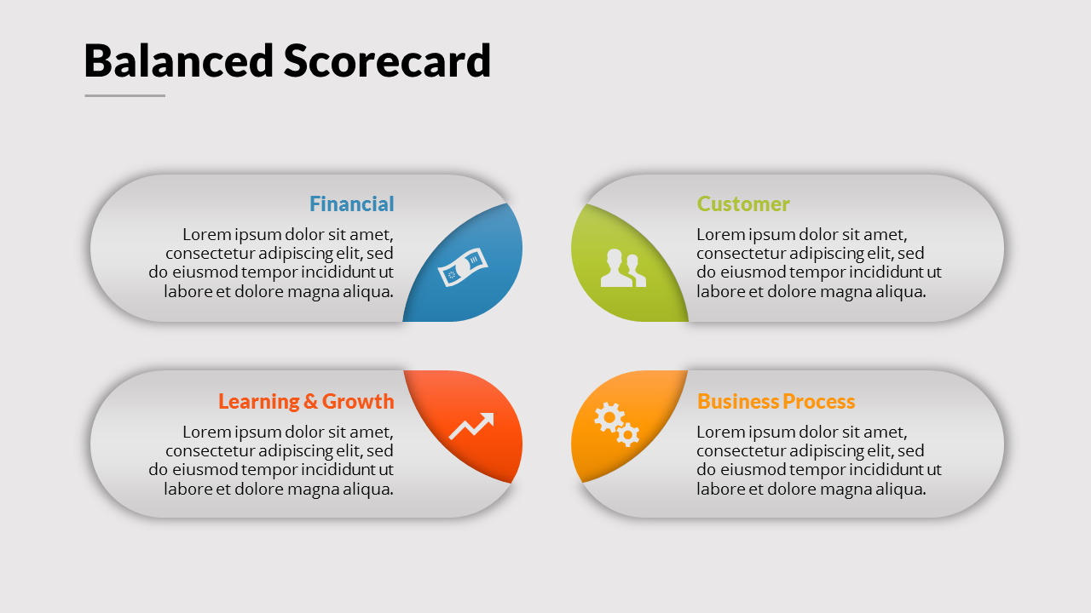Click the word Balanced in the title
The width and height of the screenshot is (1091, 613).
click(x=179, y=60)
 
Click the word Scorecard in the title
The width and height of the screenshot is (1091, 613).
click(x=387, y=60)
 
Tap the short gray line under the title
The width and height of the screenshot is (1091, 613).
click(x=124, y=95)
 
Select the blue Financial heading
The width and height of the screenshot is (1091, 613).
click(x=352, y=203)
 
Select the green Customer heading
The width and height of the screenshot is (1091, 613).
click(x=743, y=203)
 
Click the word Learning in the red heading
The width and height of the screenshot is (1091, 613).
click(x=258, y=402)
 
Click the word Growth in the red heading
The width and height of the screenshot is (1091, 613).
click(x=358, y=401)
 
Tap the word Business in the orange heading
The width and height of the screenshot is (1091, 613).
click(x=738, y=401)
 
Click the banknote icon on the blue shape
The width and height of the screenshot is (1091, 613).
click(x=463, y=267)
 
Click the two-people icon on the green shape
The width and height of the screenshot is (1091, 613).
click(x=623, y=268)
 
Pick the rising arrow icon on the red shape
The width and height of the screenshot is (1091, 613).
click(x=471, y=427)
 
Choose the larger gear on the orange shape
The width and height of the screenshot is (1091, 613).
click(x=609, y=417)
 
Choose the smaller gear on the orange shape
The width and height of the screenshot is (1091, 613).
click(x=628, y=434)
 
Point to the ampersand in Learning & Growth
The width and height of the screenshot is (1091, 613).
click(x=311, y=402)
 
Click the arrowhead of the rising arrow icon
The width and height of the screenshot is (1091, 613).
click(x=488, y=420)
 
